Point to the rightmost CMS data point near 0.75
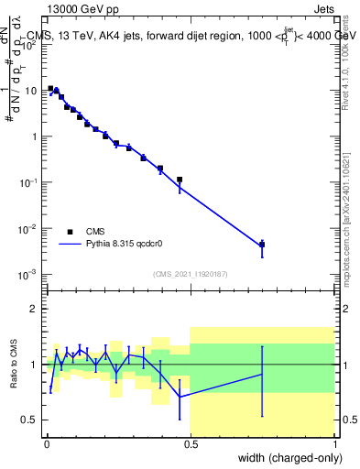click(x=262, y=245)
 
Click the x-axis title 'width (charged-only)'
click(x=284, y=456)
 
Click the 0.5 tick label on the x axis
click(x=190, y=442)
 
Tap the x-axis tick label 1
click(x=334, y=442)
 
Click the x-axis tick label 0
click(x=46, y=442)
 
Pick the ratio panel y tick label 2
click(x=34, y=309)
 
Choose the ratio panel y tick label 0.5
click(x=29, y=420)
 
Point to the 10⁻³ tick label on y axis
click(x=27, y=274)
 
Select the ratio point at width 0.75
click(x=262, y=374)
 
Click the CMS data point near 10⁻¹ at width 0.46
click(x=180, y=180)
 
